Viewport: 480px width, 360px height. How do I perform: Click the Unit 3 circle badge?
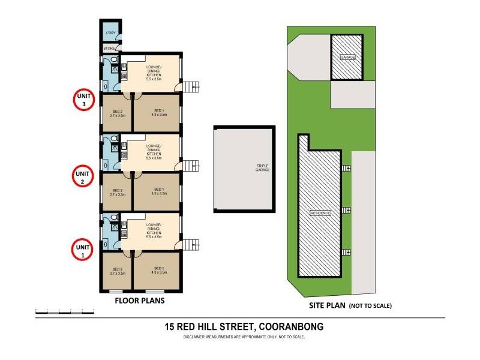point(83,100)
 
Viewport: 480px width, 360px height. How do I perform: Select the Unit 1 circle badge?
point(83,249)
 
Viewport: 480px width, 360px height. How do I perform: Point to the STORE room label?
point(109,48)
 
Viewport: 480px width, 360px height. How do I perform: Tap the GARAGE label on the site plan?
point(348,57)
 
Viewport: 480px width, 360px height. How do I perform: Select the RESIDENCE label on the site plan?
point(320,214)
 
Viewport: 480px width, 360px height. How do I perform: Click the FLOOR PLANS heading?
point(140,300)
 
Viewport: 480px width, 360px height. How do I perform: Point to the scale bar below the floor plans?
point(65,311)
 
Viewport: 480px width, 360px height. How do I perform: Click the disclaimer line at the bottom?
point(244,337)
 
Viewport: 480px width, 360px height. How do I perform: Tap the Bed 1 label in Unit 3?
point(158,112)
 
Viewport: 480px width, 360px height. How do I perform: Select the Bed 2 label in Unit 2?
point(118,193)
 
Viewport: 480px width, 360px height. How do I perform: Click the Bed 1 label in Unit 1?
point(158,271)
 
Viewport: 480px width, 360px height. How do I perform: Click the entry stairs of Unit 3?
point(191,88)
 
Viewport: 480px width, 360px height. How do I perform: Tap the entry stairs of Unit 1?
point(191,245)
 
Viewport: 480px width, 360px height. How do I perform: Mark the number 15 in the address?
point(171,327)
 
